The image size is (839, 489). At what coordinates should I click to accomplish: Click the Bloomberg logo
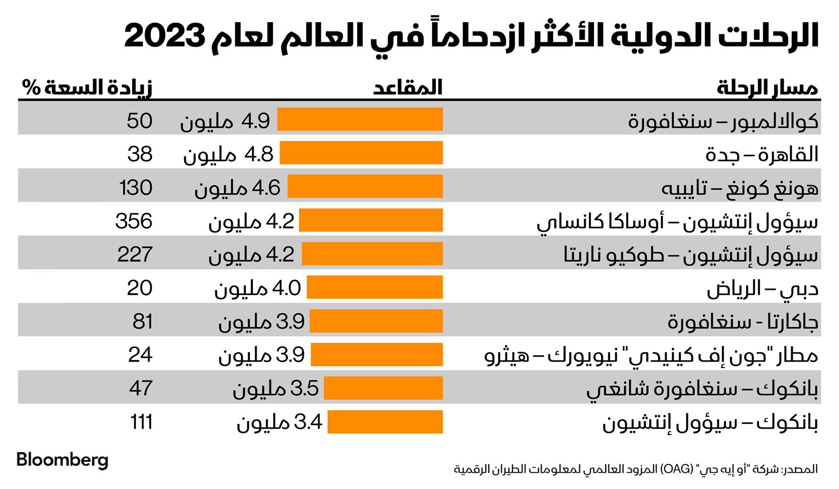(x=62, y=460)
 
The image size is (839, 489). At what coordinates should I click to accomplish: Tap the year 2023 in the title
(x=164, y=36)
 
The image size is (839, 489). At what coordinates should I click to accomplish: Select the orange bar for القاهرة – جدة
(x=361, y=154)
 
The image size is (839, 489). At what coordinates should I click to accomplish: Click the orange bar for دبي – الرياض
(x=375, y=288)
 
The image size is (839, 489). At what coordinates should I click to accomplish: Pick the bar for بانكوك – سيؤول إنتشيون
(x=385, y=422)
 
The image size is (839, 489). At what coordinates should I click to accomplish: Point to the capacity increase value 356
(x=134, y=221)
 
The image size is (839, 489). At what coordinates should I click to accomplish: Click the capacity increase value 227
(x=135, y=255)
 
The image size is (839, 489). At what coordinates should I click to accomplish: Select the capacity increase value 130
(x=136, y=188)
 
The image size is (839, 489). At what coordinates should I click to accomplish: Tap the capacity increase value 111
(x=141, y=422)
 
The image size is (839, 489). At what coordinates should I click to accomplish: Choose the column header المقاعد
(x=408, y=87)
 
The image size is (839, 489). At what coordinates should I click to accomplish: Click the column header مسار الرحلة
(x=767, y=88)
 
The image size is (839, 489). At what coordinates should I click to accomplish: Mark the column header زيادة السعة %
(x=87, y=87)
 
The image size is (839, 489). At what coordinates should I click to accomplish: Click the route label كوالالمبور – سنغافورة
(x=723, y=121)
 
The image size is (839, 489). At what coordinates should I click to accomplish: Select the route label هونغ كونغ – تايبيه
(x=740, y=188)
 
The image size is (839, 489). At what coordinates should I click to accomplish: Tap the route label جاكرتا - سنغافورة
(x=743, y=321)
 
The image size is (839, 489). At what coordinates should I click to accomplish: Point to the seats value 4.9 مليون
(x=225, y=121)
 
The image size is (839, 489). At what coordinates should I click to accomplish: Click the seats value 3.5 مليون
(x=276, y=388)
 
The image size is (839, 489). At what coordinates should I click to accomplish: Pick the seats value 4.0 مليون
(x=257, y=288)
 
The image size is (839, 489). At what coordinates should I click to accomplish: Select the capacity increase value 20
(x=139, y=288)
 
